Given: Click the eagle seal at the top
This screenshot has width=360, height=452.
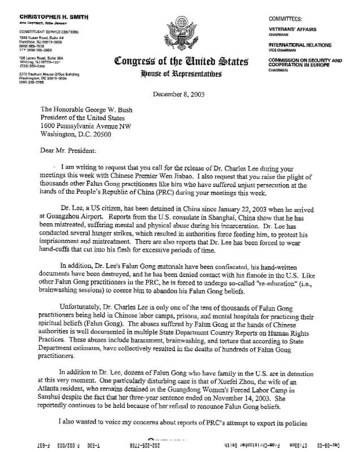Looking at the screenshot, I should click(x=180, y=35).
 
